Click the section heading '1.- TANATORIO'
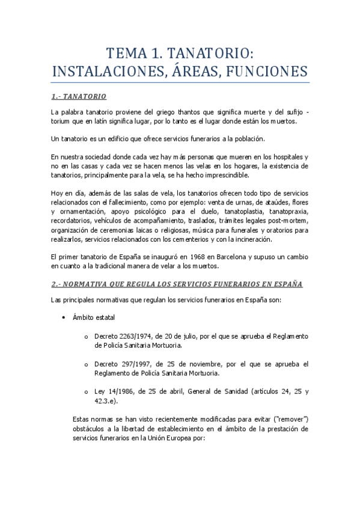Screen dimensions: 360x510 tap(79, 96)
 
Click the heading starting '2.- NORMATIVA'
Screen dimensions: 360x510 tap(177, 284)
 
